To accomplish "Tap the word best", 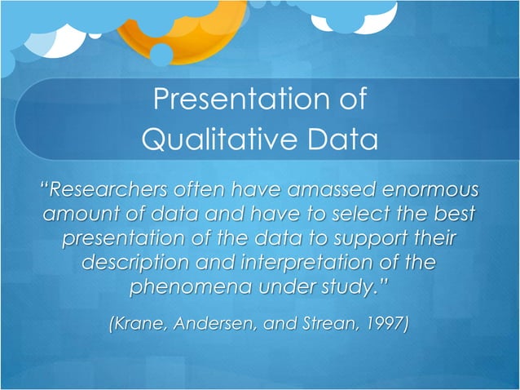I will click(x=453, y=216).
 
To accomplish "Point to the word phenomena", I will click(x=180, y=289).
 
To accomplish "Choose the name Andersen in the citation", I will click(x=214, y=324).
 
